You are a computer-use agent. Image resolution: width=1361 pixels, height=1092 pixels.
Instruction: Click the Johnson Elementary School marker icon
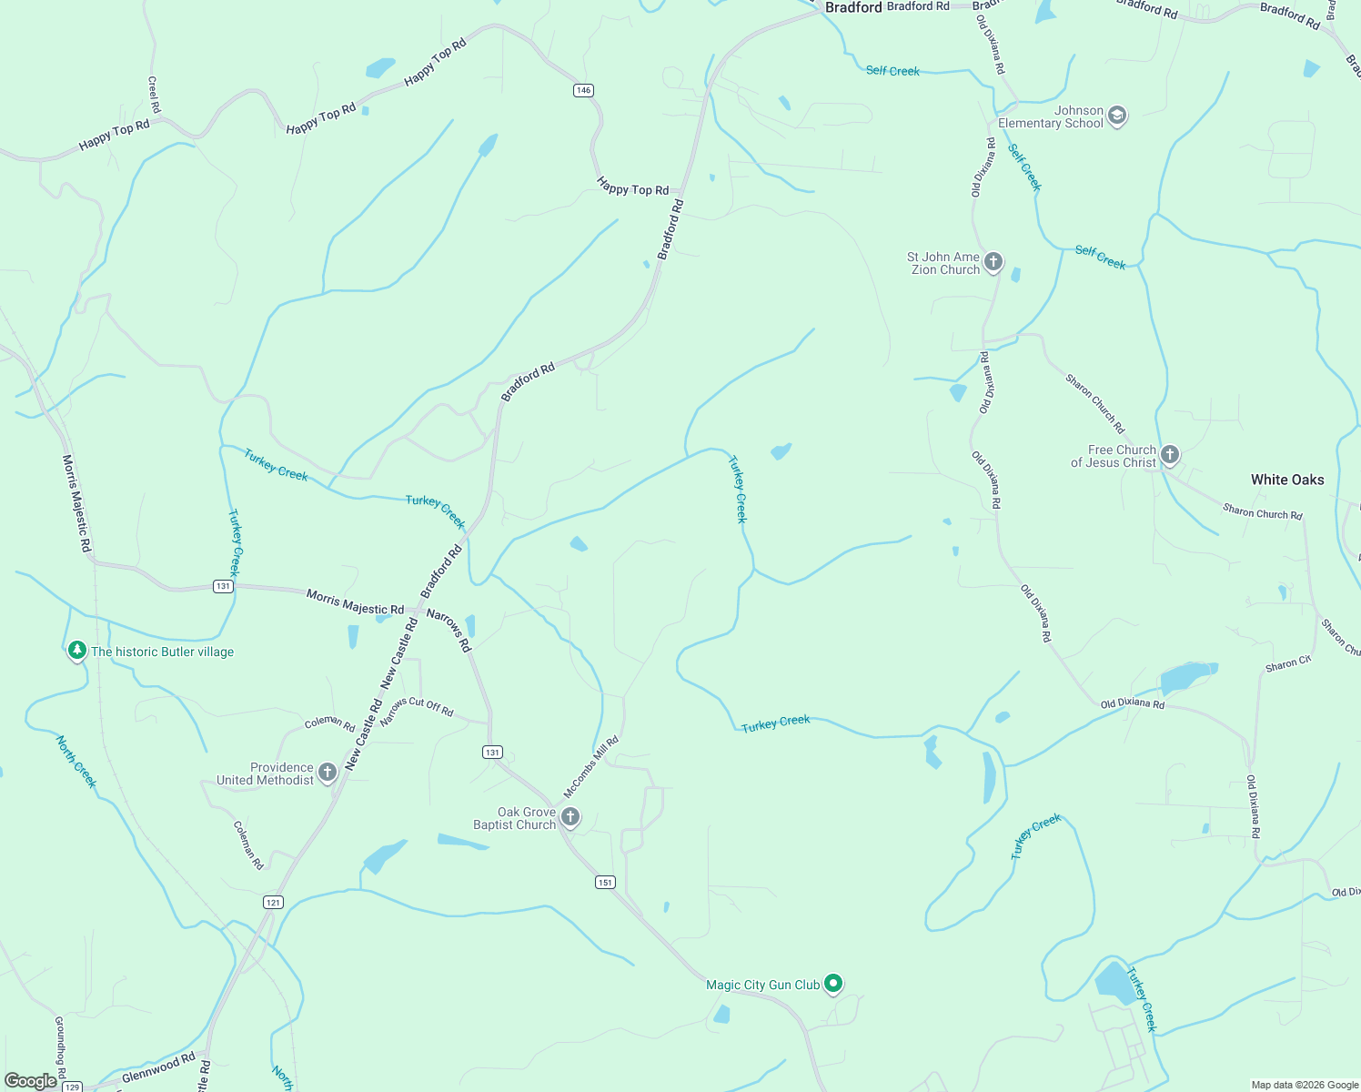click(x=1117, y=116)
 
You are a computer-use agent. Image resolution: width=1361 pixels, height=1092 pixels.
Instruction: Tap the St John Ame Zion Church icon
click(x=993, y=262)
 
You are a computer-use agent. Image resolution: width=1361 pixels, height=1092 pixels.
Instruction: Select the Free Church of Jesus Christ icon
click(x=1170, y=455)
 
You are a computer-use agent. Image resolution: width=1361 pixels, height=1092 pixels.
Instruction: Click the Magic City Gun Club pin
click(x=833, y=984)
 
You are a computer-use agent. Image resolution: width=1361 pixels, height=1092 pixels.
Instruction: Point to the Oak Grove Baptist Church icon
click(x=570, y=817)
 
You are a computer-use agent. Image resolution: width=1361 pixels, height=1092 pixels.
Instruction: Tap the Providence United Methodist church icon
click(x=328, y=773)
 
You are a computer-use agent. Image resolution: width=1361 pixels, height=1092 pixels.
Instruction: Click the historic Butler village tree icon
click(x=77, y=651)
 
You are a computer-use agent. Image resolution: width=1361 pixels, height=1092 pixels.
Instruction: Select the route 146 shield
click(x=583, y=90)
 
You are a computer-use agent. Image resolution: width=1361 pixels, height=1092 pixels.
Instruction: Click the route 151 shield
click(x=606, y=882)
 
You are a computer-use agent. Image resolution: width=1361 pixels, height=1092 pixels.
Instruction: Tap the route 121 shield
click(x=273, y=902)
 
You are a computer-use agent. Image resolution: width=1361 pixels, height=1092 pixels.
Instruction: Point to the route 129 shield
click(x=72, y=1087)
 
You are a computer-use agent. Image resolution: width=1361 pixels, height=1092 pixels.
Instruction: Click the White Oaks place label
click(x=1287, y=480)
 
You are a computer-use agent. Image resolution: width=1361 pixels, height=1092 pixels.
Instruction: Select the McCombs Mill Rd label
click(x=591, y=766)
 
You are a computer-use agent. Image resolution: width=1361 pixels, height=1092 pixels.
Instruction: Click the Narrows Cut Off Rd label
click(x=417, y=711)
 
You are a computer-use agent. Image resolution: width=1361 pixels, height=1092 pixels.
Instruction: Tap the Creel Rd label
click(x=154, y=95)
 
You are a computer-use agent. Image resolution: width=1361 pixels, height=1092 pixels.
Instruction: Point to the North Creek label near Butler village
click(x=76, y=762)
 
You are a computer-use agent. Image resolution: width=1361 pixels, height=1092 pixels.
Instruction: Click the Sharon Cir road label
click(x=1288, y=664)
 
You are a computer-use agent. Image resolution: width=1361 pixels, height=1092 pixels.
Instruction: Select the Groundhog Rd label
click(x=60, y=1046)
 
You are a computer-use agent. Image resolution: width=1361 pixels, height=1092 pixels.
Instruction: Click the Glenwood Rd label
click(x=159, y=1067)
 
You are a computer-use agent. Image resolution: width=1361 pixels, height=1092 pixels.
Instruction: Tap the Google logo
click(x=30, y=1081)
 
